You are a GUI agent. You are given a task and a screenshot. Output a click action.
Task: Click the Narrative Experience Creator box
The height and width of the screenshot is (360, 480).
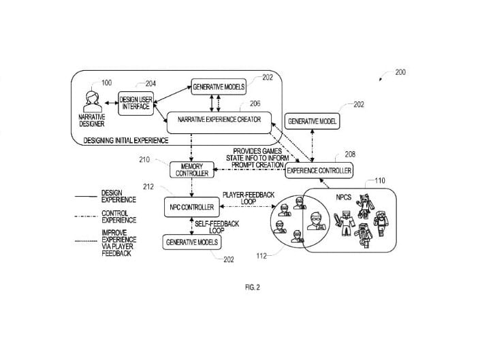point(219,122)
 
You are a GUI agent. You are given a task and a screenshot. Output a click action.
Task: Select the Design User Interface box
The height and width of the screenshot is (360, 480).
point(136,103)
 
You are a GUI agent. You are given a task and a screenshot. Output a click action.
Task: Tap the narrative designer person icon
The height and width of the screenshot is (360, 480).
point(93,101)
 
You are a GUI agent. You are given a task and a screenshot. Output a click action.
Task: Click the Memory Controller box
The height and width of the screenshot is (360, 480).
point(192,169)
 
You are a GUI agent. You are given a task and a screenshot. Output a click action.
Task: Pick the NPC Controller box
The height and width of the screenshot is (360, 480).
point(192,207)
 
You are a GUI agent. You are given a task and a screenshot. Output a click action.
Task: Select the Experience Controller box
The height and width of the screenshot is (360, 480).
point(319,170)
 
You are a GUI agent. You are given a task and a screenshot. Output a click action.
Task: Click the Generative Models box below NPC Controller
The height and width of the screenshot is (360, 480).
point(192,242)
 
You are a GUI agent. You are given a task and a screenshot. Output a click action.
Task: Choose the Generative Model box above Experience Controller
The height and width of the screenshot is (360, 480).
point(313,121)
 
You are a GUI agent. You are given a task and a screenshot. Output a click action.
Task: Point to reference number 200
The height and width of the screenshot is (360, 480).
point(400,72)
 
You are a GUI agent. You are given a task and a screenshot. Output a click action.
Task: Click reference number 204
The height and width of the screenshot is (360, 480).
point(150,84)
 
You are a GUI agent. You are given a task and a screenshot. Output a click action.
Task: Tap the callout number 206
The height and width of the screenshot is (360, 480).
point(255,103)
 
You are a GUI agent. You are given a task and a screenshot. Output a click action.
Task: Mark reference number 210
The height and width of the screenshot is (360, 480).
point(144,160)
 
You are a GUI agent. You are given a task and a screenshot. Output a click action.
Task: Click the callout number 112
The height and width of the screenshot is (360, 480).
point(261,256)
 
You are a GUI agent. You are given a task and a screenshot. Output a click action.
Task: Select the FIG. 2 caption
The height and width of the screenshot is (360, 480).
point(253,287)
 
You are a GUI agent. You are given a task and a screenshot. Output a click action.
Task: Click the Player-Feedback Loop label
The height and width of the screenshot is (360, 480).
point(249,198)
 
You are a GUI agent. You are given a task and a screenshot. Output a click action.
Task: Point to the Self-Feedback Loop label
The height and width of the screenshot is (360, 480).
point(217,227)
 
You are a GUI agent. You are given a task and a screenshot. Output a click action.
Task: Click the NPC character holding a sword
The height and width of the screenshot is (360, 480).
point(344,223)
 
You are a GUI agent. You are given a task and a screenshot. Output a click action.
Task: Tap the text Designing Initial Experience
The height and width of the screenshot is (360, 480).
point(126,140)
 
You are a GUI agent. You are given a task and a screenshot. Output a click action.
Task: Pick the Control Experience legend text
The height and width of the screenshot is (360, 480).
point(118,216)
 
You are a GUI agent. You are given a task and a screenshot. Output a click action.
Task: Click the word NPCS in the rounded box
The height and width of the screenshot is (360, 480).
point(344,197)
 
